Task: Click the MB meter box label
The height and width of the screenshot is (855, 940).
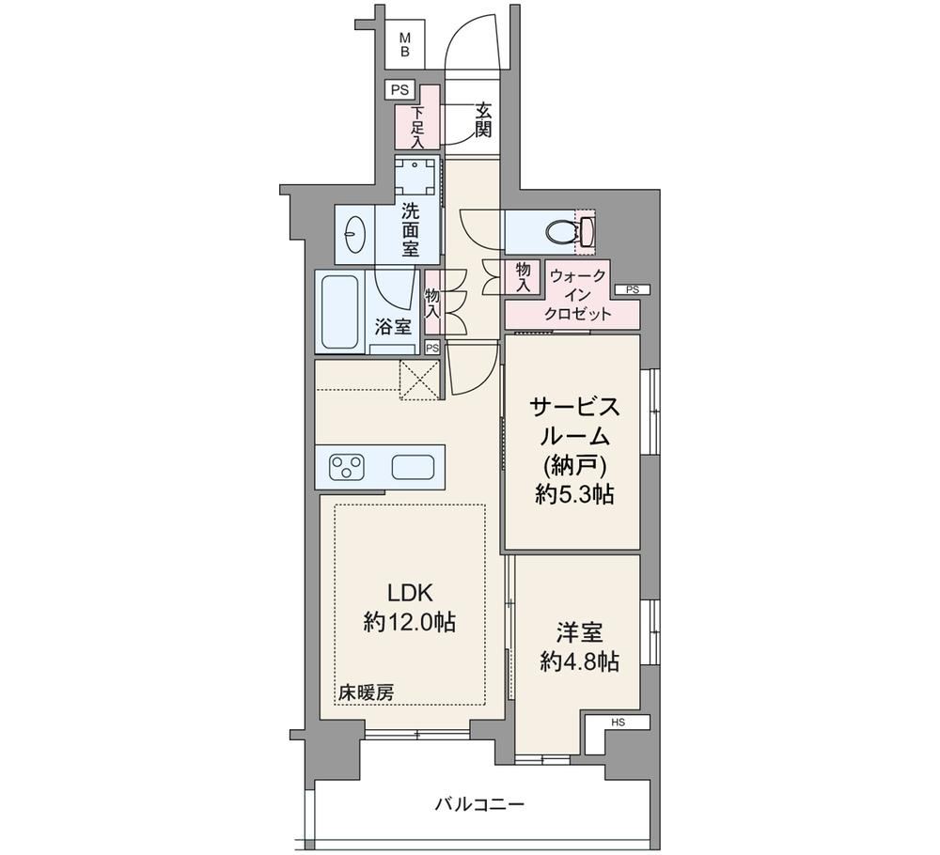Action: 405,45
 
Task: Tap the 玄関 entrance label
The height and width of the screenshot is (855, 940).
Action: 484,120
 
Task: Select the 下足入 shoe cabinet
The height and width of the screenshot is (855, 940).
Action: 418,118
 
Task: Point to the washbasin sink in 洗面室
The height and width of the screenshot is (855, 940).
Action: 356,234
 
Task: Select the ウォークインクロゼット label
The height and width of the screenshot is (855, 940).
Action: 578,294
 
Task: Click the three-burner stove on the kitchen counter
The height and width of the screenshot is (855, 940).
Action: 347,467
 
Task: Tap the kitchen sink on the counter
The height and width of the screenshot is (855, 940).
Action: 413,467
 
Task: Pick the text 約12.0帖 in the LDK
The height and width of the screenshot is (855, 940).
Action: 410,623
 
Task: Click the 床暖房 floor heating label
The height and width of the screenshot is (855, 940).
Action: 366,693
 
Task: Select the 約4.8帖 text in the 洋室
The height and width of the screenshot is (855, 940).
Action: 580,661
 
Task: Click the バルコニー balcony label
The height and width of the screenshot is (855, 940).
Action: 479,803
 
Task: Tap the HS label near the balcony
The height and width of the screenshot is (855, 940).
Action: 619,723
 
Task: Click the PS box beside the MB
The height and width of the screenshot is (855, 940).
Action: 399,90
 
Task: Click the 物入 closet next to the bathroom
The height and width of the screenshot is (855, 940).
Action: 432,302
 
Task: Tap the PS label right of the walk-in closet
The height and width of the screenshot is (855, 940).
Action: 633,289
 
